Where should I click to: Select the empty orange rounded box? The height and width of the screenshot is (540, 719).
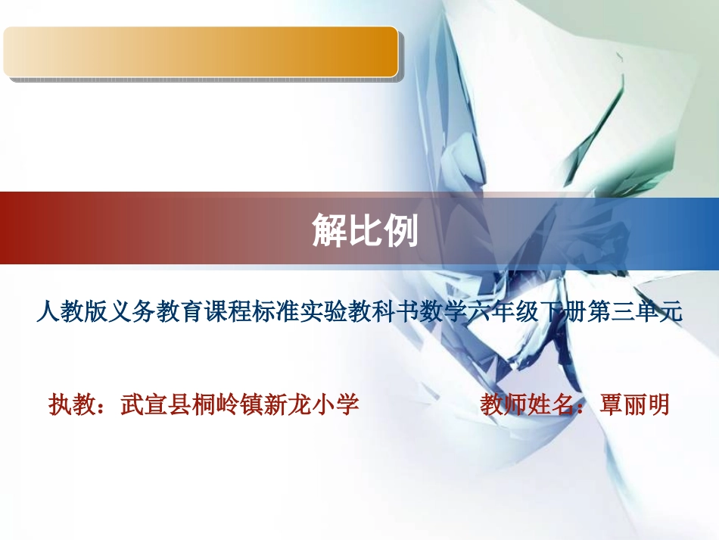click(x=201, y=52)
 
